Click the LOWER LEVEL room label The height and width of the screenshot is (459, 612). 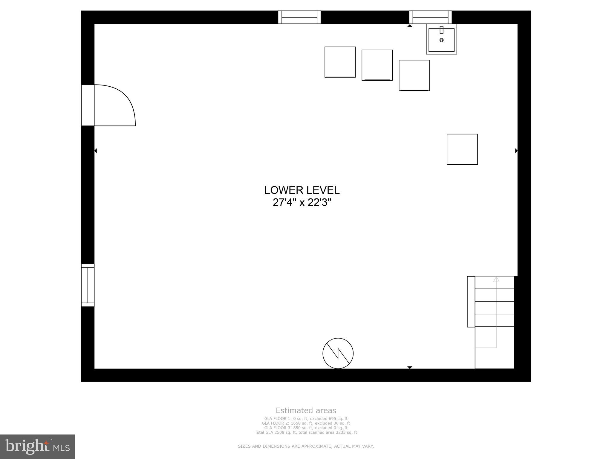click(x=302, y=190)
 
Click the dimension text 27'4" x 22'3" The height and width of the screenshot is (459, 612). click(x=302, y=203)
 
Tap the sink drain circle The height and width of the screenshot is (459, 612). click(x=441, y=40)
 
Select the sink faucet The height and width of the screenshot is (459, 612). click(x=441, y=30)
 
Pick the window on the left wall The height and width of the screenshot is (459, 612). click(x=88, y=285)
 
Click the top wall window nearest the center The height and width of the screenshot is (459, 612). click(x=299, y=17)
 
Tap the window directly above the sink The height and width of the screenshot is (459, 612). click(x=430, y=17)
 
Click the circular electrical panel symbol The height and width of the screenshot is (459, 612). click(x=338, y=353)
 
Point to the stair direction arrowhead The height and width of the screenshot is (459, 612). click(x=496, y=279)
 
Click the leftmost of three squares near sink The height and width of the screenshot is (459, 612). click(x=340, y=62)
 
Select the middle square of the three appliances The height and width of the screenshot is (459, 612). click(x=377, y=65)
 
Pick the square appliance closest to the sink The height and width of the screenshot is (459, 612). click(x=414, y=75)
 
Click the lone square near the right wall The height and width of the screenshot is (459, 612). click(x=462, y=149)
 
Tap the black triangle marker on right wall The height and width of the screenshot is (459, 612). click(x=516, y=151)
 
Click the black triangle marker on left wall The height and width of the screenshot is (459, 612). click(x=96, y=151)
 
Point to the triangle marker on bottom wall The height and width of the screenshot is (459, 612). click(x=410, y=367)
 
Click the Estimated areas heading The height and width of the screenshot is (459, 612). click(x=306, y=411)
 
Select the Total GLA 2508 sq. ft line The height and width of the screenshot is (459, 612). click(x=306, y=432)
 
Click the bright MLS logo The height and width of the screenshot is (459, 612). click(x=37, y=447)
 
